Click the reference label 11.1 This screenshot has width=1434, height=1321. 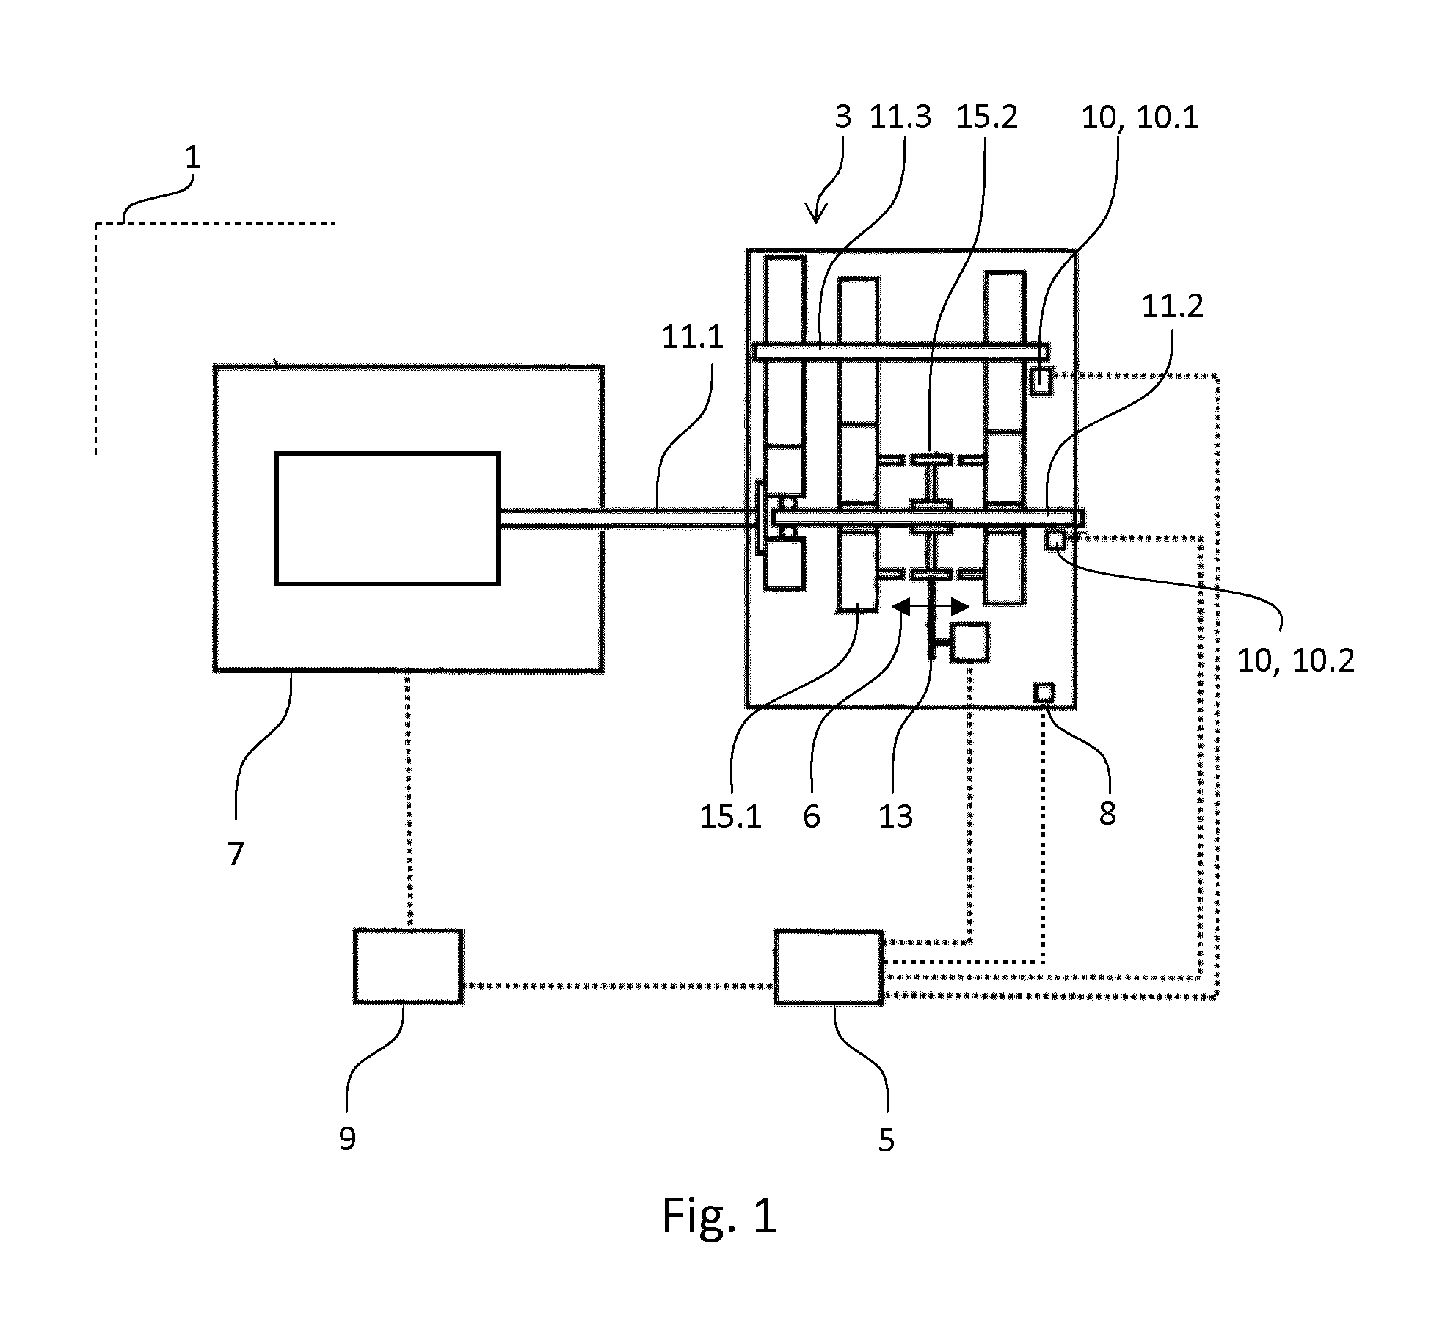pyautogui.click(x=692, y=338)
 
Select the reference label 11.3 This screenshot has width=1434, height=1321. pyautogui.click(x=900, y=117)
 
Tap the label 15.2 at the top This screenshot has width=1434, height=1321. pyautogui.click(x=986, y=117)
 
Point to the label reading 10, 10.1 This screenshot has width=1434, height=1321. pyautogui.click(x=1140, y=118)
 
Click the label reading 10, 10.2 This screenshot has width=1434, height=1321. pyautogui.click(x=1295, y=661)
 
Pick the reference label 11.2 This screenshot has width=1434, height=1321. pyautogui.click(x=1172, y=307)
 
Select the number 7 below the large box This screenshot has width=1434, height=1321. pyautogui.click(x=235, y=854)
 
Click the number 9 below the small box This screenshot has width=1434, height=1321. pyautogui.click(x=347, y=1138)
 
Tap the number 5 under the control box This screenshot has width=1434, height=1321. pyautogui.click(x=887, y=1140)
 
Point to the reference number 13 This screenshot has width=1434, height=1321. pyautogui.click(x=895, y=816)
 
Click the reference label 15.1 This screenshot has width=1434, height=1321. pyautogui.click(x=731, y=816)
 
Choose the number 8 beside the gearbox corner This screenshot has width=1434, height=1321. pyautogui.click(x=1107, y=813)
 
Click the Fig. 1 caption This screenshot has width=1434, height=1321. pyautogui.click(x=719, y=1235)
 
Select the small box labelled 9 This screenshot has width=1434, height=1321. pyautogui.click(x=408, y=966)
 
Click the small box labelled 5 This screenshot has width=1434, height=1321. pyautogui.click(x=829, y=967)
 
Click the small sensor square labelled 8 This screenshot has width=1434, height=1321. pyautogui.click(x=1044, y=692)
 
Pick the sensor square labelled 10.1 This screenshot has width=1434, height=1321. pyautogui.click(x=1041, y=381)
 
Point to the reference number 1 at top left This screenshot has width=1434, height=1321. pyautogui.click(x=192, y=158)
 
